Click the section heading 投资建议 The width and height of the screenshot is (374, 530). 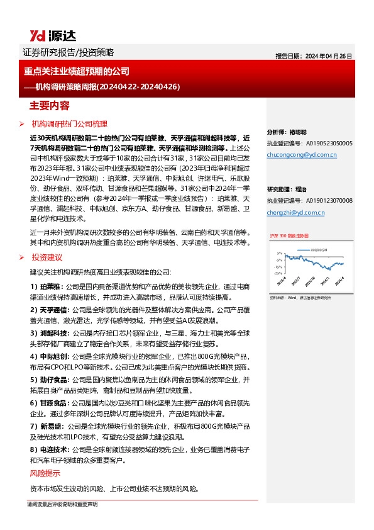[x=48, y=257]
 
